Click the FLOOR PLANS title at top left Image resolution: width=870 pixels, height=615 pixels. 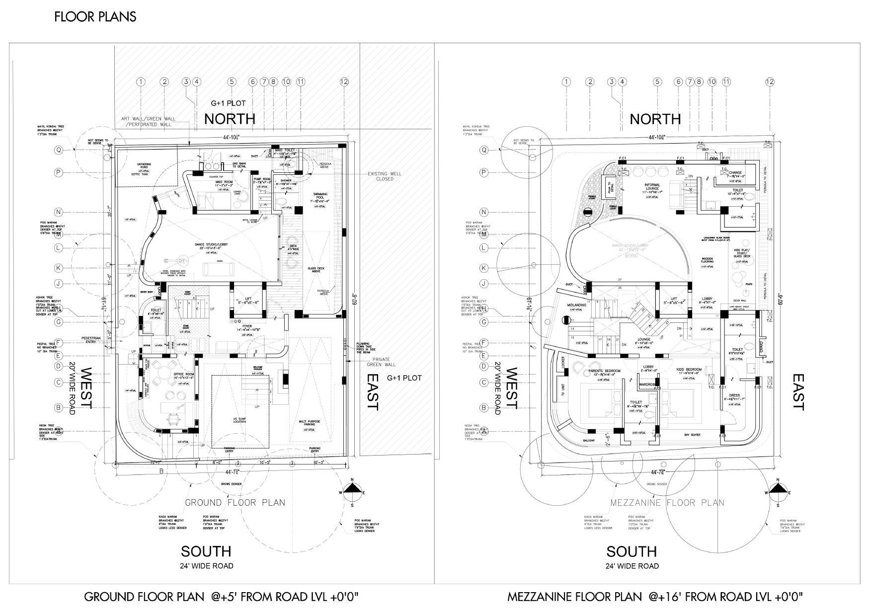[95, 17]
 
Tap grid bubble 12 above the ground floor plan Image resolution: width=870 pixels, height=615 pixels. [344, 82]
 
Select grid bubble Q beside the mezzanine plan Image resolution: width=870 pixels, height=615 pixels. [483, 150]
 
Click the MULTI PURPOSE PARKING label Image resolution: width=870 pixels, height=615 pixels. [310, 423]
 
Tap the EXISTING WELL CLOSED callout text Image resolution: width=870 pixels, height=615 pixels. [384, 176]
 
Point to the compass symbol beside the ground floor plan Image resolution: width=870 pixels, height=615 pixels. [352, 489]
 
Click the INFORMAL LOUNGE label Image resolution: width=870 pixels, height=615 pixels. [652, 187]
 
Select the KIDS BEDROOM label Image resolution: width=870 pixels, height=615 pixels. [689, 370]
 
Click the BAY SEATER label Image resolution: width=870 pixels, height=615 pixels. [692, 435]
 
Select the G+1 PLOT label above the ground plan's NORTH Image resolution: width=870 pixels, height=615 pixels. [228, 103]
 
